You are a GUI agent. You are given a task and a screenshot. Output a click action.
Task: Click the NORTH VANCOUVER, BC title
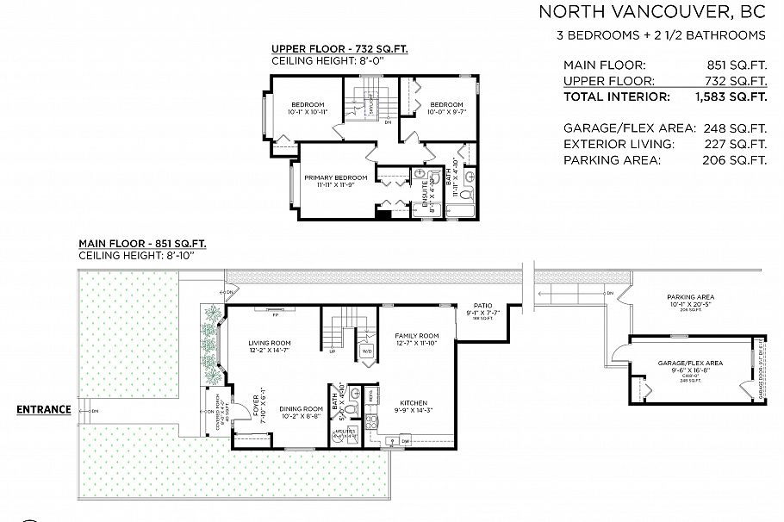point(651,11)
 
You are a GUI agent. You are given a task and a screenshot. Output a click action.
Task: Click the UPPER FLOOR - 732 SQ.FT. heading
point(339,50)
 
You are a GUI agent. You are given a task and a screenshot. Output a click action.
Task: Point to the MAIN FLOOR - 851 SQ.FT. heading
point(142,244)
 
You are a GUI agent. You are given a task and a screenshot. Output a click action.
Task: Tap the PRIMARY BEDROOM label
point(335,177)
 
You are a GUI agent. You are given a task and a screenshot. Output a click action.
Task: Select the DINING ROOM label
point(302,408)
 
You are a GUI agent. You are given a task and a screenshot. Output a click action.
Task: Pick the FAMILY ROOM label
point(417,336)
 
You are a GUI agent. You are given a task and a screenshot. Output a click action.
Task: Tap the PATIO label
point(482,305)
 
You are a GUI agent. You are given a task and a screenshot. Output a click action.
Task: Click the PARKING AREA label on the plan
point(691,297)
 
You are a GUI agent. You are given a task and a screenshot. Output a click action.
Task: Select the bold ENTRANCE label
point(43,409)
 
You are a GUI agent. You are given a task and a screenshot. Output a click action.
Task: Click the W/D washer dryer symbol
point(366,351)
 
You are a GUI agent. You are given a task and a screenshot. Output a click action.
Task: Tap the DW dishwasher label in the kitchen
point(404,441)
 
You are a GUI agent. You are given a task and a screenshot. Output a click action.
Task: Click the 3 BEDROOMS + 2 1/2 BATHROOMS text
point(661,35)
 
